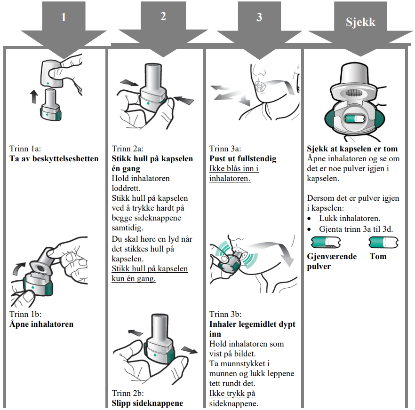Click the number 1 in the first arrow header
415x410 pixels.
(64, 18)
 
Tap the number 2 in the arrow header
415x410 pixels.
(163, 16)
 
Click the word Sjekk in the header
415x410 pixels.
(361, 22)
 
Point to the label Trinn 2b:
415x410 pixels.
(128, 393)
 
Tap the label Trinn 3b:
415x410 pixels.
(225, 314)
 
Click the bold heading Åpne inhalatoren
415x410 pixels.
(41, 324)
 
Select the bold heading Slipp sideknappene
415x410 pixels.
(147, 403)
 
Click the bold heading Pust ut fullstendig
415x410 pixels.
(243, 158)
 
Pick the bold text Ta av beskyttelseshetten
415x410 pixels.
(54, 158)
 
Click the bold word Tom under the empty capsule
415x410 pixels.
(378, 256)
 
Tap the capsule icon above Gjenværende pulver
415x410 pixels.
(326, 243)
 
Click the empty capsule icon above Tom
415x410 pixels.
(383, 243)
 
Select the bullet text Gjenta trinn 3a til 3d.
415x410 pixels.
(356, 229)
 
